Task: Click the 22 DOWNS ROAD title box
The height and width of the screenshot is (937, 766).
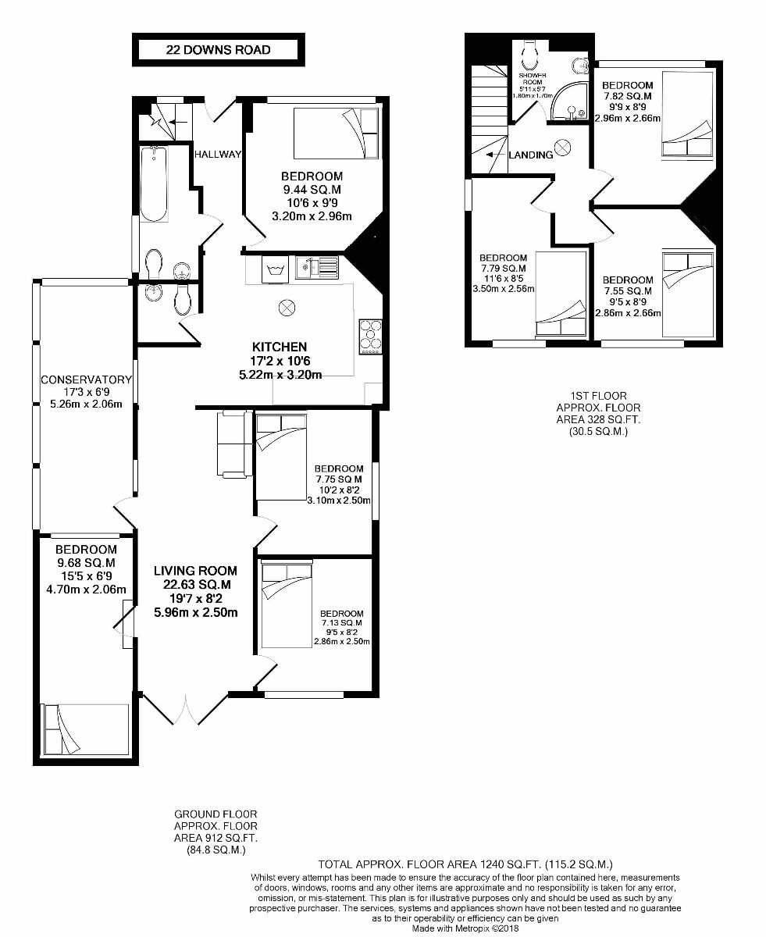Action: (218, 50)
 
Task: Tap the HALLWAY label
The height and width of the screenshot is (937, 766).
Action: (218, 154)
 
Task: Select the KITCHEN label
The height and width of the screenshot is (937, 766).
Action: (279, 347)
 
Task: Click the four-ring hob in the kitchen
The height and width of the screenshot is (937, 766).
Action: (369, 337)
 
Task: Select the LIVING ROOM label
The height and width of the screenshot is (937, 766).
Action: (195, 571)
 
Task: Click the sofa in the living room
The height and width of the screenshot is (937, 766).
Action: (232, 444)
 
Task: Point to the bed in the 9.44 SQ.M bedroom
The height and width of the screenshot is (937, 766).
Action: (329, 134)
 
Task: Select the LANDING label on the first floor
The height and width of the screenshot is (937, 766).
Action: (531, 155)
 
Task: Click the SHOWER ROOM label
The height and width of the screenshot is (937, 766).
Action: (535, 79)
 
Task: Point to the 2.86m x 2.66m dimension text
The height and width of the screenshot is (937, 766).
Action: (627, 313)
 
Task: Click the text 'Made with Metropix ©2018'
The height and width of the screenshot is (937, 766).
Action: (466, 928)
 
